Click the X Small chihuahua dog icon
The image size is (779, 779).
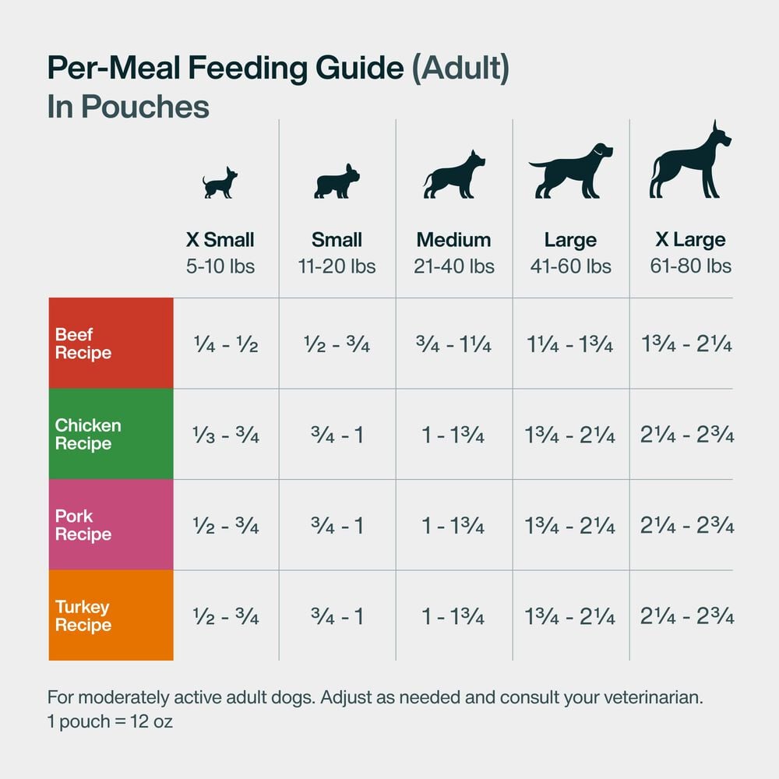click(x=220, y=183)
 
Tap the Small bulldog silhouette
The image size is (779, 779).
click(x=337, y=182)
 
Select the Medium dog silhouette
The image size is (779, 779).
click(x=453, y=174)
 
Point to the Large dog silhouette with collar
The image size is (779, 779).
click(x=570, y=171)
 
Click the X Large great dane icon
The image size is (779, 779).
click(x=689, y=160)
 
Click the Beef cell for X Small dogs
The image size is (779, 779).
click(x=225, y=344)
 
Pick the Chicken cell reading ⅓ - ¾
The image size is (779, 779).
click(x=225, y=435)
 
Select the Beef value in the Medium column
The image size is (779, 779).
click(x=453, y=344)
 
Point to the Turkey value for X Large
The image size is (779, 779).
click(x=687, y=616)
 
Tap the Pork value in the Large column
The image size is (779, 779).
click(x=570, y=526)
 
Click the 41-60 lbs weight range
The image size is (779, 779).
click(x=570, y=266)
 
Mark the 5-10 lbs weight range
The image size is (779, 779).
click(x=220, y=266)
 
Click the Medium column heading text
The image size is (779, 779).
click(x=453, y=239)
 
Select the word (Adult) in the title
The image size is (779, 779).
click(x=460, y=69)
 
